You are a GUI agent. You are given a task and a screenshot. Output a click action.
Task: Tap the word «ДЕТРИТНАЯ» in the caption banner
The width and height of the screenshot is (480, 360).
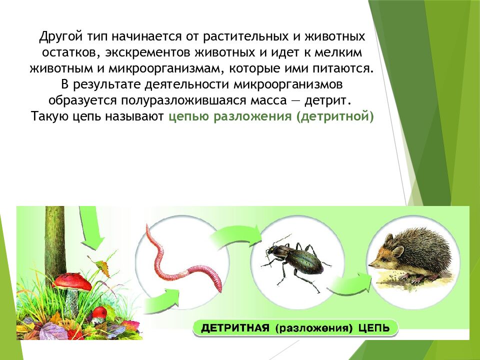tap(234, 328)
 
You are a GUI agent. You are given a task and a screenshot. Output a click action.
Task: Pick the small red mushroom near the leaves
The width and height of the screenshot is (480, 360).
tap(100, 312)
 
